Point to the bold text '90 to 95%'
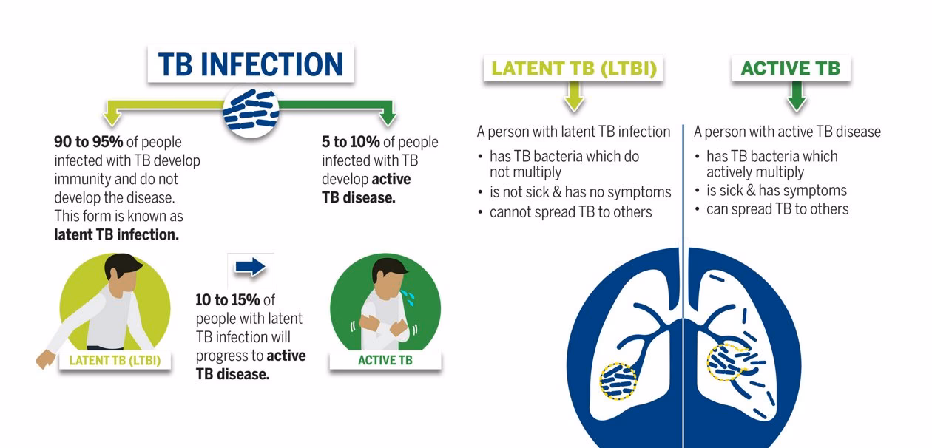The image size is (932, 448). tap(88, 142)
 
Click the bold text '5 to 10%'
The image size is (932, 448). tap(351, 142)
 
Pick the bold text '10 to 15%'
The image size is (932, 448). tap(228, 300)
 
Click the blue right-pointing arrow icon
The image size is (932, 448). tap(250, 267)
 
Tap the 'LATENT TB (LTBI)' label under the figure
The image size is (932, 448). tap(115, 361)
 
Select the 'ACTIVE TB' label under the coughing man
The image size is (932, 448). tap(385, 361)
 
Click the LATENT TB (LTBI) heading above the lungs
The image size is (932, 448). tap(573, 69)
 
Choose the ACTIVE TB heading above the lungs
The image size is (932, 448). tap(790, 69)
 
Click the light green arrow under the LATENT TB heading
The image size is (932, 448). tap(574, 98)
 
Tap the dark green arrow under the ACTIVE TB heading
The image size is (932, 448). tap(796, 98)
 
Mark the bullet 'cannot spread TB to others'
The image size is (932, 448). tap(570, 212)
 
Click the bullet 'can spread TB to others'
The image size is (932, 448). tap(777, 209)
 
